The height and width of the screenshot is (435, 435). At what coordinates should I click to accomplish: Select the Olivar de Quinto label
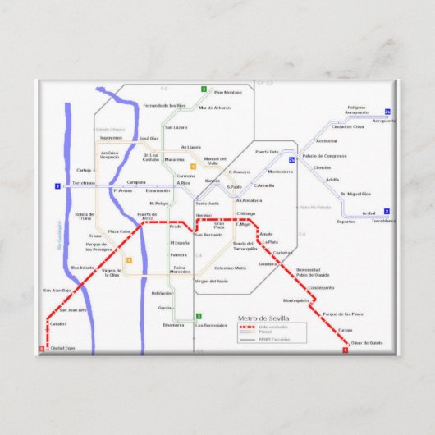point(366,342)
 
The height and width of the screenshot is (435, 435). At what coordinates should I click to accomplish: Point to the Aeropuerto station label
point(383,121)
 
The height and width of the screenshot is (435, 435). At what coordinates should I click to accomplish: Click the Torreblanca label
point(382,221)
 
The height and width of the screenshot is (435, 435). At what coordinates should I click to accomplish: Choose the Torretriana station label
point(84,183)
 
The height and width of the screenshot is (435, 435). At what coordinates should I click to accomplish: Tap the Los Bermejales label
point(211,325)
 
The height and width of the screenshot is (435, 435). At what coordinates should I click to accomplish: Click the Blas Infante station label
point(82,268)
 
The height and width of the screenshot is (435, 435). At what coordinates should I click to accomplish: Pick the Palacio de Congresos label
point(324,156)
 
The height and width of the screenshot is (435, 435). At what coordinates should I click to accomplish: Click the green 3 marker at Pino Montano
point(203,89)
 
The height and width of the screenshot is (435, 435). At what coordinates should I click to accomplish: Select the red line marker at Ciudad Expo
point(41,349)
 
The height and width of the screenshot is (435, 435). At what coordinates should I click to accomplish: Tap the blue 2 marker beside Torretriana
point(57,186)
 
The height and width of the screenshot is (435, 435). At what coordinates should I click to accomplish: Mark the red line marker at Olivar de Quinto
point(346,350)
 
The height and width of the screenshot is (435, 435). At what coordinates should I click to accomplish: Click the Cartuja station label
point(83,170)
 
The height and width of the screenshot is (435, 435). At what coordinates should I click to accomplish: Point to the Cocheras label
point(282,253)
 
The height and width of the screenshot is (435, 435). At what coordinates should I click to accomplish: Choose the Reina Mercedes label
point(181,270)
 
